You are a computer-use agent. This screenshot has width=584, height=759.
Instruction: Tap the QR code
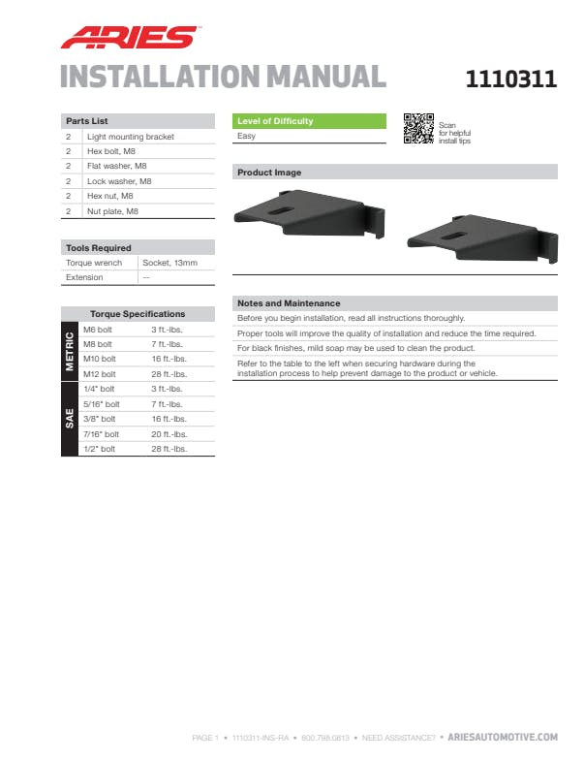(x=417, y=128)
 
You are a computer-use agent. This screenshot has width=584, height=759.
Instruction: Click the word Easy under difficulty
(x=247, y=137)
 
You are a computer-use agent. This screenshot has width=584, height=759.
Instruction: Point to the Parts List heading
(x=86, y=121)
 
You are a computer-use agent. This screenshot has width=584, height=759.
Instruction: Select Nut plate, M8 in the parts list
(x=113, y=210)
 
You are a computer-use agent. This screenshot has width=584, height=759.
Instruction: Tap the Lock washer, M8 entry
(x=119, y=181)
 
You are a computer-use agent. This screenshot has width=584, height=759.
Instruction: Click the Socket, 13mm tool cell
(x=170, y=263)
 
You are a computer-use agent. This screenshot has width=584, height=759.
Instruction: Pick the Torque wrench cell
(x=94, y=263)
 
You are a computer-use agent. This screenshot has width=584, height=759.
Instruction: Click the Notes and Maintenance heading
(x=289, y=302)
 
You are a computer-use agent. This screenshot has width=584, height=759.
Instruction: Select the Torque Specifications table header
(x=138, y=314)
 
